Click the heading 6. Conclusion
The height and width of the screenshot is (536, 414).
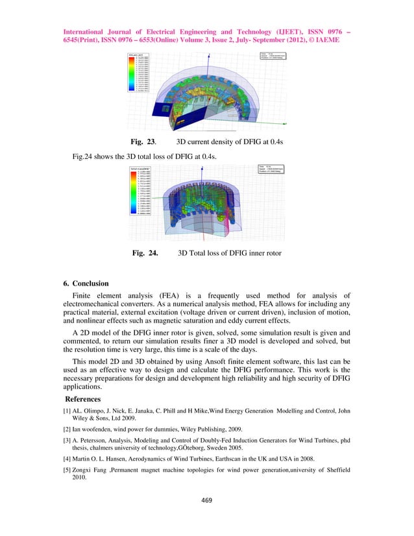pos(90,284)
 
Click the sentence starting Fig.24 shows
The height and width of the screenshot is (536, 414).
pos(143,156)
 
